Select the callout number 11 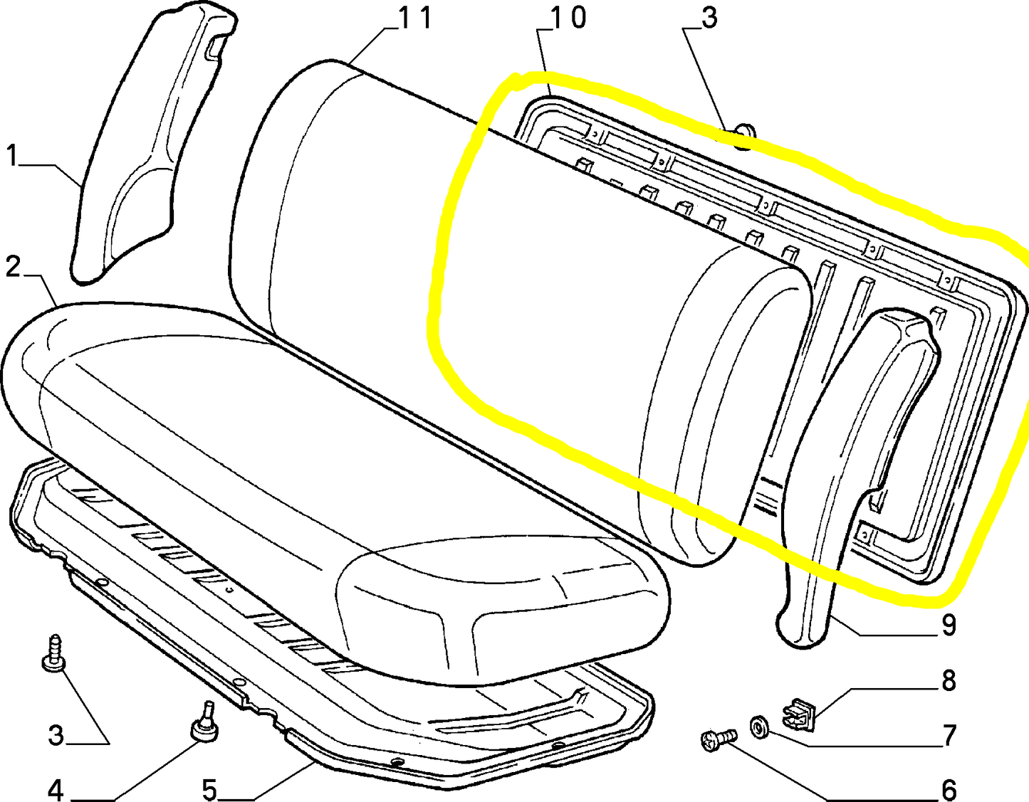tap(415, 18)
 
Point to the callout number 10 tap(568, 18)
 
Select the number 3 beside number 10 tap(709, 18)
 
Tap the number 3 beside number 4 tap(56, 736)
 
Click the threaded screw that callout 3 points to tap(54, 653)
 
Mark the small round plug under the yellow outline tap(743, 137)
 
